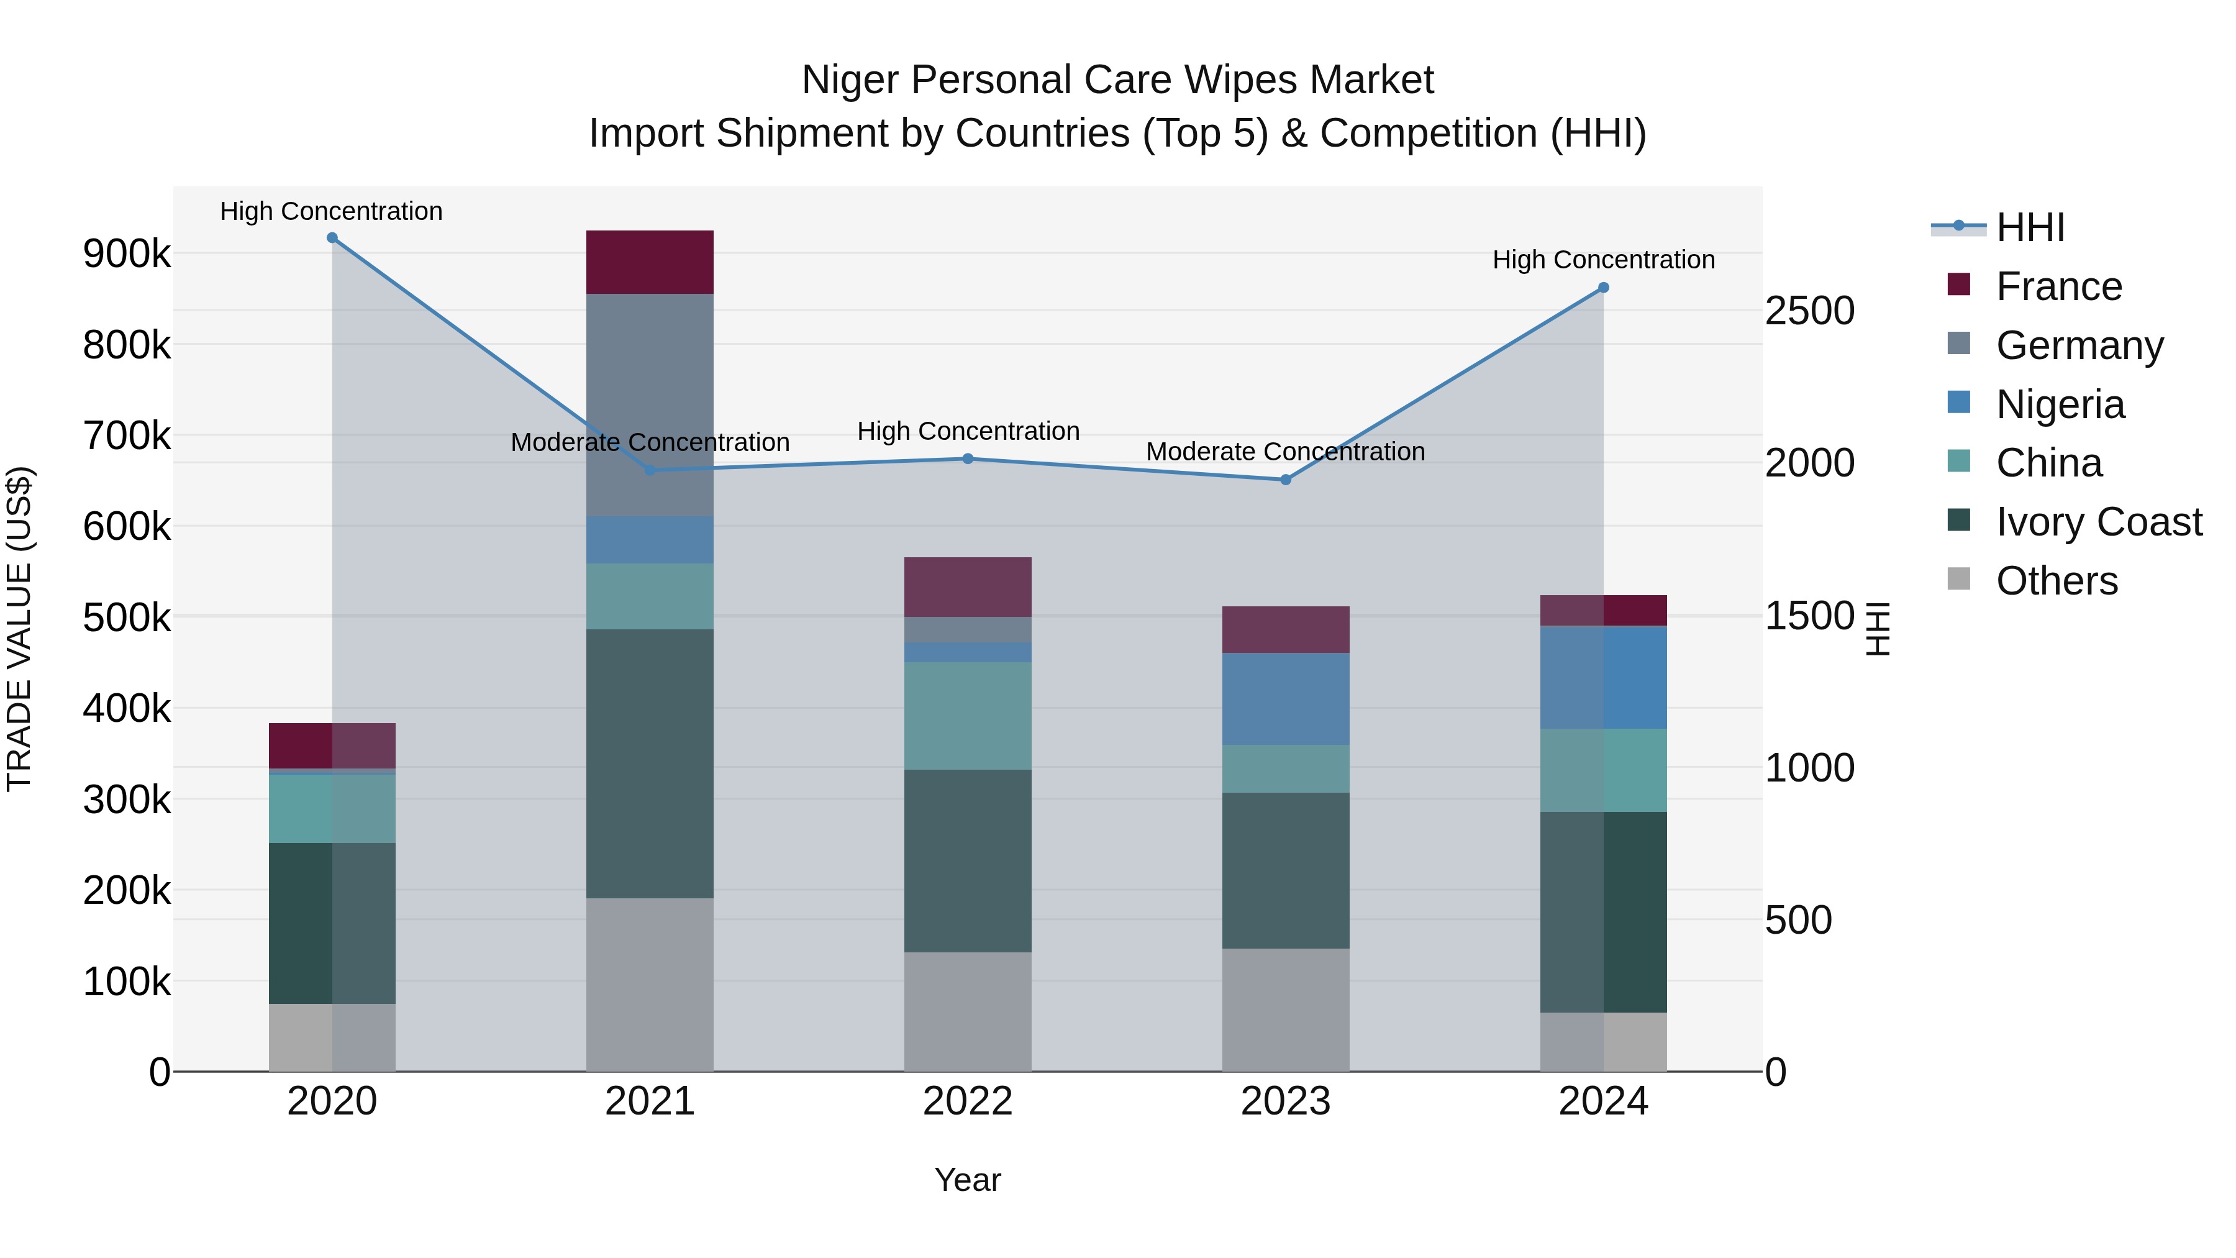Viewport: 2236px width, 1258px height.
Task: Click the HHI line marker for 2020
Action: coord(332,238)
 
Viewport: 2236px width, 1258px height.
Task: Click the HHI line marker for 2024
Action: coord(1603,288)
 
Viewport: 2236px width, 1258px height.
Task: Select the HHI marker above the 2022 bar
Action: coord(968,458)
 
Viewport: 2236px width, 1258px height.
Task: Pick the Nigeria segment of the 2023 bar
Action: coord(1286,699)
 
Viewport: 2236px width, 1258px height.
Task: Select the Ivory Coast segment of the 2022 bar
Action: coord(968,860)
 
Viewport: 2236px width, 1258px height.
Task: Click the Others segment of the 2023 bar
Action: coord(1286,1010)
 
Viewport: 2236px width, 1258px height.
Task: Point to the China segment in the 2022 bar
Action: coord(968,716)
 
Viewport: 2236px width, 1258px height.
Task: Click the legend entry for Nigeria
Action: coord(2059,404)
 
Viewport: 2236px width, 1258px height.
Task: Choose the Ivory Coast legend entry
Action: coord(2098,522)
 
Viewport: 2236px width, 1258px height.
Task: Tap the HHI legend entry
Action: coord(2029,229)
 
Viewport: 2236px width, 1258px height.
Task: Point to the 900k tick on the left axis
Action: coord(127,254)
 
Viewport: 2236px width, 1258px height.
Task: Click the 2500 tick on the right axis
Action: coord(1810,311)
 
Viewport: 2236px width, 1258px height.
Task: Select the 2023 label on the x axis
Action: coord(1286,1101)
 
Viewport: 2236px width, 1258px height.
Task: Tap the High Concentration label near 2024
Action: coord(1603,260)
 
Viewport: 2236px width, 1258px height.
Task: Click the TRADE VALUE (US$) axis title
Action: coord(20,629)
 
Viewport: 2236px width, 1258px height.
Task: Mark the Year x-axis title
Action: coord(967,1180)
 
